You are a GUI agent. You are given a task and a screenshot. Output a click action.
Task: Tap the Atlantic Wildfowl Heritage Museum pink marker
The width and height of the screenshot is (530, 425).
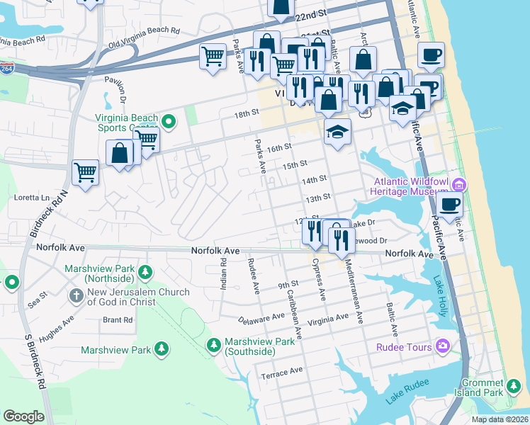point(458,186)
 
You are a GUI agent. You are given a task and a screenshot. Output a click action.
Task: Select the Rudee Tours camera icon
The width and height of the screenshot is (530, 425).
point(443,346)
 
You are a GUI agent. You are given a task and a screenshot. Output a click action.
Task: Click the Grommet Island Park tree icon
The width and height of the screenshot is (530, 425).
point(513,387)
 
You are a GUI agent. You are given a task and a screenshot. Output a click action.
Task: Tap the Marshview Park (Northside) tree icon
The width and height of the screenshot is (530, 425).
point(145,272)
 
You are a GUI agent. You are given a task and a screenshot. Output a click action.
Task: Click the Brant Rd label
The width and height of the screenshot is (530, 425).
point(118,320)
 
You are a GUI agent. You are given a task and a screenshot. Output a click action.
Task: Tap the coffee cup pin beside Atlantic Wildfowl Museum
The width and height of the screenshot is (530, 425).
point(449,205)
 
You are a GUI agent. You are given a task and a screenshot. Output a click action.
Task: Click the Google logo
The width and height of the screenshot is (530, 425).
point(23,416)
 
